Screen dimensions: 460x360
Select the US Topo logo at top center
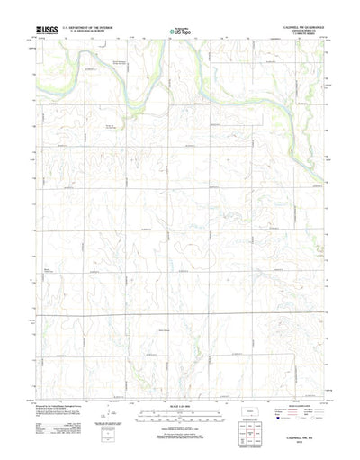point(178,32)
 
